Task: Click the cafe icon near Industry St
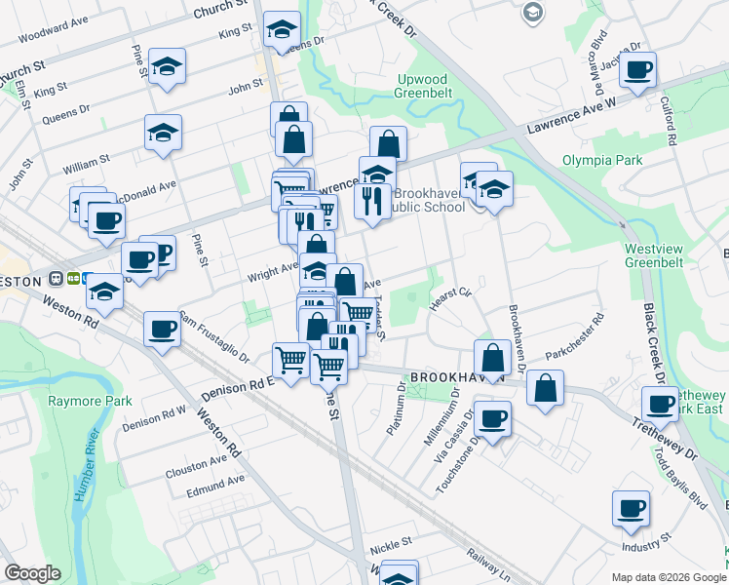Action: (x=631, y=508)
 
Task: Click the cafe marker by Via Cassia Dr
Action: (x=493, y=418)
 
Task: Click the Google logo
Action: (x=32, y=573)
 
